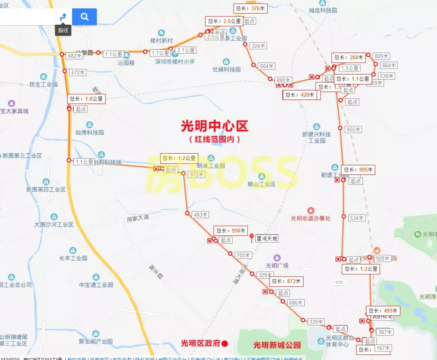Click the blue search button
click(84, 17)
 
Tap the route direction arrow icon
click(63, 17)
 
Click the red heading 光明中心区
click(214, 126)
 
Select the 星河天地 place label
click(267, 239)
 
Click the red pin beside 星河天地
click(251, 237)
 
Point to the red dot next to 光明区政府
click(225, 343)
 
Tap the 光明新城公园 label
click(277, 345)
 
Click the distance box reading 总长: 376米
click(250, 8)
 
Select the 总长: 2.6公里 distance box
click(224, 21)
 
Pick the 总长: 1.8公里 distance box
click(86, 99)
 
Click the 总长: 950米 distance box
click(231, 231)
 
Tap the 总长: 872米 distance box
click(286, 281)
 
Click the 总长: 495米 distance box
click(383, 311)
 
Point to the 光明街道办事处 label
click(311, 218)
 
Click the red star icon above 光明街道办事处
click(310, 210)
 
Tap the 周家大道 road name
click(138, 218)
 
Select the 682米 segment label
click(75, 56)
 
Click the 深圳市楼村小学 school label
click(175, 61)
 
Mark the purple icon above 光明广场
click(277, 258)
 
